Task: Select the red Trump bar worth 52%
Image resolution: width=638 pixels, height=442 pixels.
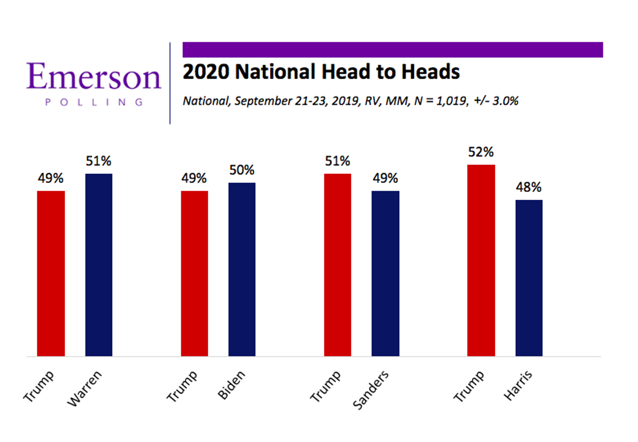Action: pos(481,260)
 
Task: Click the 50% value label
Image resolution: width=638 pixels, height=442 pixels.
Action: pos(242,171)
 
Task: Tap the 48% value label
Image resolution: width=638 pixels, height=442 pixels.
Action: pos(529,188)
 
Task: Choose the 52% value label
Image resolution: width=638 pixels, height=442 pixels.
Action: pos(481,153)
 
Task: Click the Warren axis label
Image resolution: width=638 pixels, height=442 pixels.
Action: pos(85,389)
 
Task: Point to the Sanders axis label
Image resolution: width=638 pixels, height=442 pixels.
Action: pos(371,391)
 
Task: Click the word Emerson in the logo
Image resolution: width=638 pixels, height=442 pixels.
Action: pos(94,77)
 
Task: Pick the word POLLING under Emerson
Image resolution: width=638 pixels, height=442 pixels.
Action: pos(94,102)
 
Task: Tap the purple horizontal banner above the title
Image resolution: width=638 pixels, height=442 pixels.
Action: pos(392,49)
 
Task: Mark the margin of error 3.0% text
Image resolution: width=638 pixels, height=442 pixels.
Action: pos(505,101)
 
